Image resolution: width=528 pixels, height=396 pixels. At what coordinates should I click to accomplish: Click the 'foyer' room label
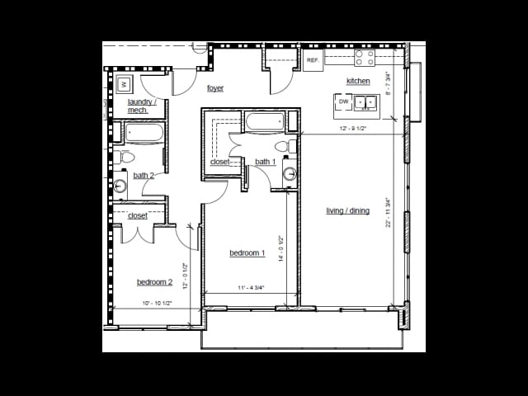[215, 88]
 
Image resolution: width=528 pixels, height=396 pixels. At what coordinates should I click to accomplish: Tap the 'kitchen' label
[358, 81]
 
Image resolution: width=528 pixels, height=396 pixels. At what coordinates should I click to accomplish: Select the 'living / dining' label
[347, 210]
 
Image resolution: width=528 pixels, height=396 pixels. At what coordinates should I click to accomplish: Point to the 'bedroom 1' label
[247, 253]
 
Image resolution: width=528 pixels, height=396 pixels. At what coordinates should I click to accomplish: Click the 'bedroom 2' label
[154, 282]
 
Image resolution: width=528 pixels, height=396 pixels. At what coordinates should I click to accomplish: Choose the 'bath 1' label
[265, 162]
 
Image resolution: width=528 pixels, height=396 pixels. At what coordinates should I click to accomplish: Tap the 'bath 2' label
[144, 175]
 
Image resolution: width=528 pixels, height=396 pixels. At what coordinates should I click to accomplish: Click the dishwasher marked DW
[343, 101]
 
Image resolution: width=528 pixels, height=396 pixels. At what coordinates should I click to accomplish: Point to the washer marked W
[125, 83]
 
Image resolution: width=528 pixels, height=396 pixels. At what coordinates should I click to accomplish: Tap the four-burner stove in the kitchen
[364, 58]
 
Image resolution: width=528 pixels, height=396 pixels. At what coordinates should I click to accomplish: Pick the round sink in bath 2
[120, 186]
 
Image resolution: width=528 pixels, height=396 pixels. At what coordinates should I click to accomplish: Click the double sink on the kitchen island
[365, 102]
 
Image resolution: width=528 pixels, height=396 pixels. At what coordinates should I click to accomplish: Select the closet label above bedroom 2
[138, 215]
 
